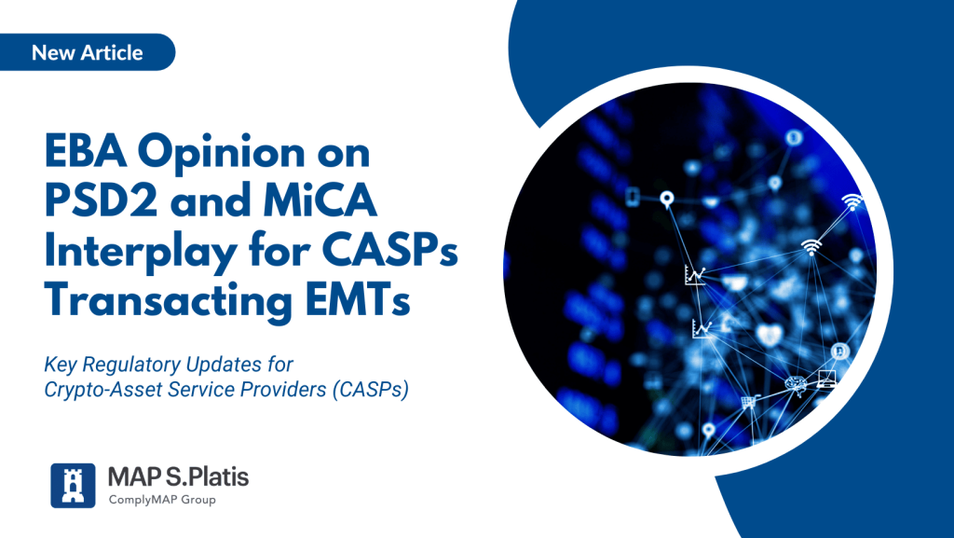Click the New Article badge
coord(87,52)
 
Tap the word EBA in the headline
coord(86,151)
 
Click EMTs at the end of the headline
coord(358,299)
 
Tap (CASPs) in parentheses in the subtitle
coord(371,390)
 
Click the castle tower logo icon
coord(73,486)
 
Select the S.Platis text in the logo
coord(207,477)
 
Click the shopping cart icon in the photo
coord(748,402)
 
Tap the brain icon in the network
coord(796,383)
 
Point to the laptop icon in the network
coord(826,379)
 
